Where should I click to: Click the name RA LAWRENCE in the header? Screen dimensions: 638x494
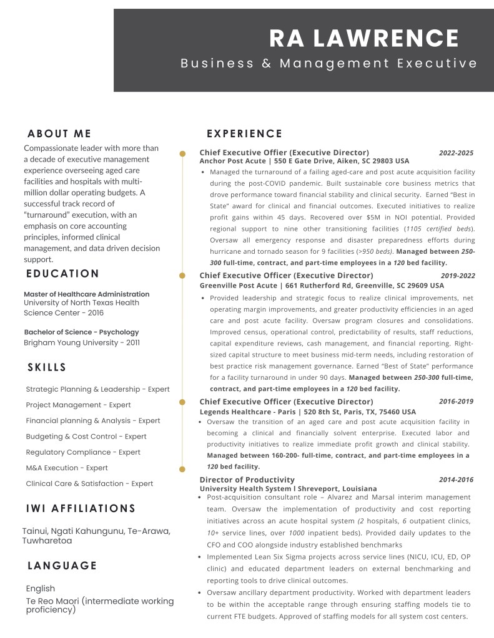pos(364,39)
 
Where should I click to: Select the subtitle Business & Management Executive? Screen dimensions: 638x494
pos(329,63)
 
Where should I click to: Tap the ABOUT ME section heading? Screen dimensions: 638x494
pos(59,133)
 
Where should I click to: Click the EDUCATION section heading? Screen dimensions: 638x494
pos(63,273)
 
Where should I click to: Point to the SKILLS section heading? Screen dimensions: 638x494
pos(47,367)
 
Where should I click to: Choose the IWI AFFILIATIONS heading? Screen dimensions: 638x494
pos(81,508)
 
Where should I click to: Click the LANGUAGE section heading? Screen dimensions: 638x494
pos(62,566)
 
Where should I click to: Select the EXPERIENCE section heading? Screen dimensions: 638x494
pos(244,133)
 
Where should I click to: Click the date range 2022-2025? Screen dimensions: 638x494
pos(456,153)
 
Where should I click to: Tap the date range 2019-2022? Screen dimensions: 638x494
pos(458,276)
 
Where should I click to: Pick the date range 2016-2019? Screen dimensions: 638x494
pos(456,402)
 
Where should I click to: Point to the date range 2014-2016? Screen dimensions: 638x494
pos(456,480)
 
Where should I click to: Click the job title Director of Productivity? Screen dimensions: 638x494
pos(247,480)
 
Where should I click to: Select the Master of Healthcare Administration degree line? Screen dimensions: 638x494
pos(87,294)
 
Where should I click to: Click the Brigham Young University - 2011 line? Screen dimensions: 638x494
pos(82,342)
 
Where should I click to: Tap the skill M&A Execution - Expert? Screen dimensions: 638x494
pos(67,468)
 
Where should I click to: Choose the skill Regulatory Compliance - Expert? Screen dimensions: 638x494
pos(83,452)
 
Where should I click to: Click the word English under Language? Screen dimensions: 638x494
pos(41,588)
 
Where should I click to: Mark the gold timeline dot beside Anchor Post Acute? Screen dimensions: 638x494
pos(182,153)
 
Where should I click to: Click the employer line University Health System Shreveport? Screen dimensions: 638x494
pos(288,488)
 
